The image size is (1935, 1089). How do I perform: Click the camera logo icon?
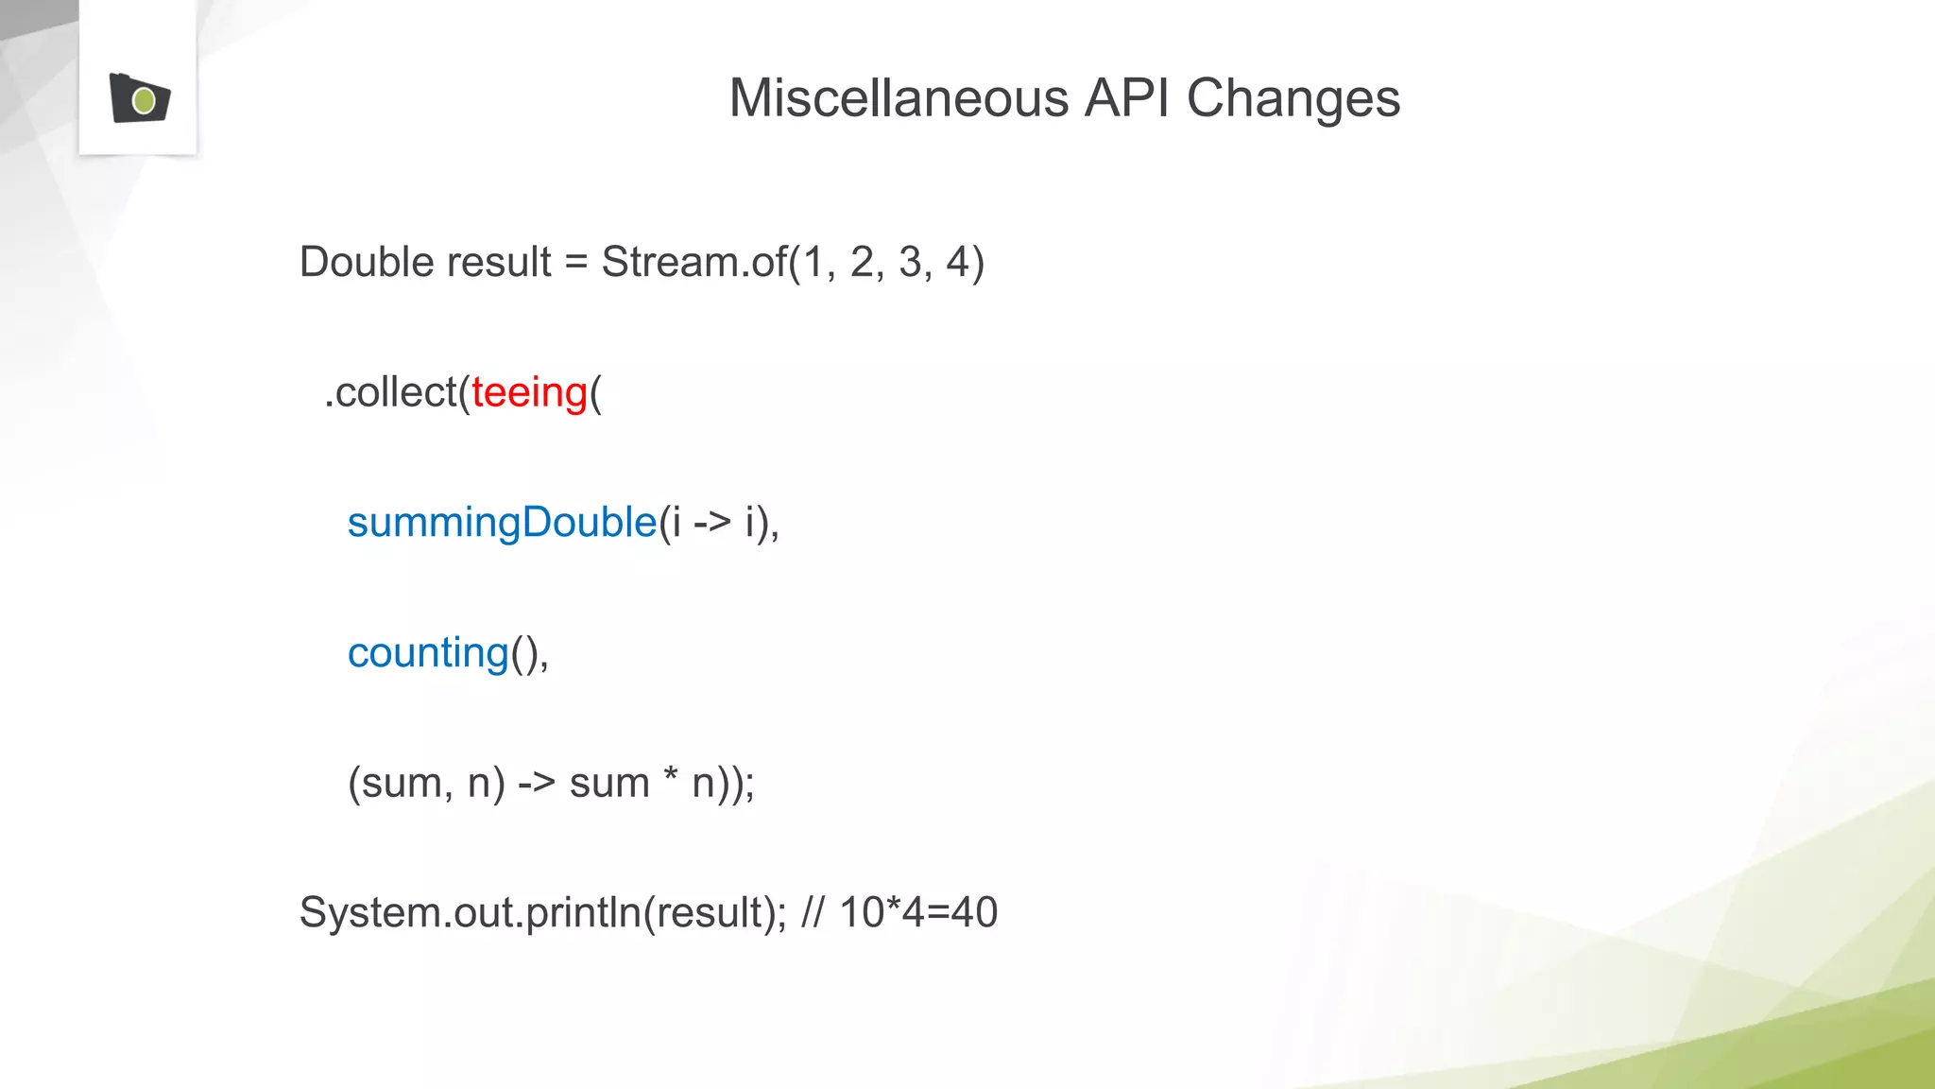coord(139,98)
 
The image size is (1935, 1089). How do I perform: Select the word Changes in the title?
coord(1293,98)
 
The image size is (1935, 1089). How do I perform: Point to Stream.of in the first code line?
coord(694,262)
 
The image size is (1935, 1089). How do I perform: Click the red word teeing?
coord(529,392)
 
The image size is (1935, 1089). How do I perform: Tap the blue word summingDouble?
coord(502,523)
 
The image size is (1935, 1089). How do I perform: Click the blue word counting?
coord(428,653)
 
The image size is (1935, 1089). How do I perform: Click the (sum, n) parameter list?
coord(426,784)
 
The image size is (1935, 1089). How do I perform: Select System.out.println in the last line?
coord(470,913)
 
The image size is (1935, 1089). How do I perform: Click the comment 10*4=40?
coord(917,913)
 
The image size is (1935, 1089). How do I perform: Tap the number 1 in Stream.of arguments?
coord(813,262)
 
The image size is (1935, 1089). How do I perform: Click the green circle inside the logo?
coord(144,100)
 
